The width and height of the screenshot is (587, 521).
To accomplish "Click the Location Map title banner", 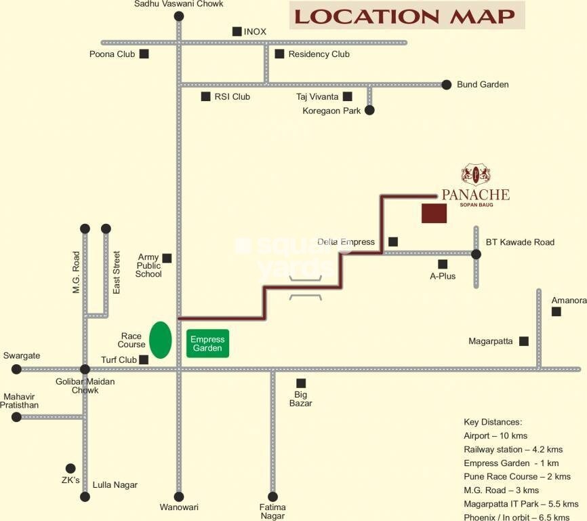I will click(x=407, y=16).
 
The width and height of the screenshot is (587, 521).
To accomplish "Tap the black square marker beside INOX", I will click(x=237, y=31).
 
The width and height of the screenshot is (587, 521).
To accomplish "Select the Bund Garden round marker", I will click(x=446, y=85).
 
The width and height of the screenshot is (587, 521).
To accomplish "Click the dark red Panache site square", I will click(x=434, y=213).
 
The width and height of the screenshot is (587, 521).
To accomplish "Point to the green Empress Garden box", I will click(x=207, y=343).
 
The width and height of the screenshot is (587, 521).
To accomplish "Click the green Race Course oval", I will click(x=160, y=339).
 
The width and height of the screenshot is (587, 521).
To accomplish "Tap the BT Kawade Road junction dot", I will click(x=476, y=254).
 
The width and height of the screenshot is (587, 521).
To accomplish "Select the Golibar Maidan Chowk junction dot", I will click(x=85, y=369).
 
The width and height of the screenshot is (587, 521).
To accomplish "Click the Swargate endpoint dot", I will click(x=16, y=369).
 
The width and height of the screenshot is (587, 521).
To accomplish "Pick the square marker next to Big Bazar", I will click(x=301, y=383).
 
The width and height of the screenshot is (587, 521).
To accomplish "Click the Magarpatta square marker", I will click(x=524, y=341).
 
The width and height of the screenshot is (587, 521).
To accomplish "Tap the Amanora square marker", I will click(x=556, y=311).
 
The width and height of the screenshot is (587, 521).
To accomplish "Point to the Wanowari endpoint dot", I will click(x=179, y=497).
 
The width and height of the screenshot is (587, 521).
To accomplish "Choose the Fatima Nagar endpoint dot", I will click(x=272, y=497).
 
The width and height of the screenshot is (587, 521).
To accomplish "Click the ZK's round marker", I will click(x=70, y=468).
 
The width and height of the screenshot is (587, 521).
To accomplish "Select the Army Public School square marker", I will click(x=167, y=258).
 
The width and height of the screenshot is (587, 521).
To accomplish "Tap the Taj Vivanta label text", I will click(x=317, y=97).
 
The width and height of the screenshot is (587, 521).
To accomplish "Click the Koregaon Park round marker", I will click(x=369, y=110).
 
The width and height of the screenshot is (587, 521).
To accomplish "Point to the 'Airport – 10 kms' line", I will click(x=495, y=436).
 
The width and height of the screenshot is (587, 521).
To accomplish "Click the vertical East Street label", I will click(x=117, y=272).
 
